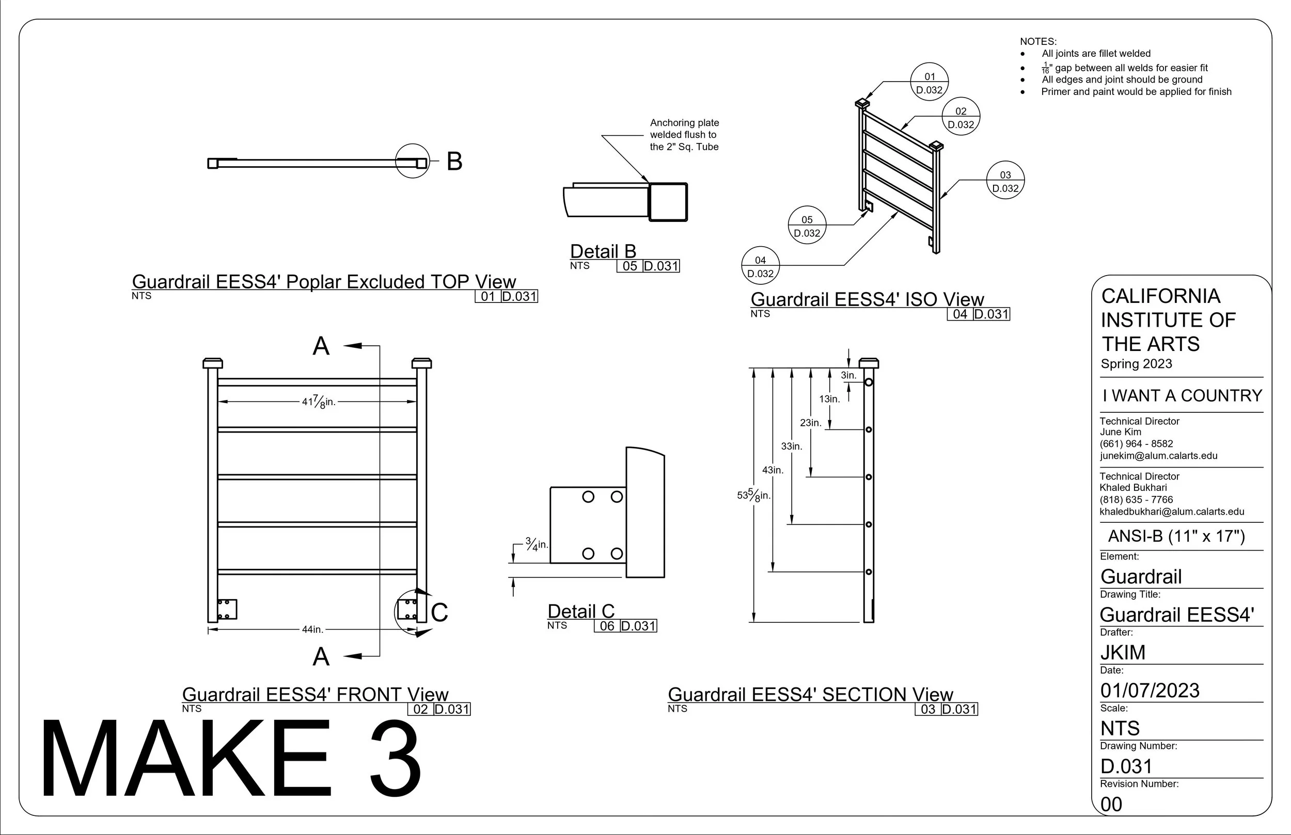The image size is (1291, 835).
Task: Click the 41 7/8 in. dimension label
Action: tap(319, 403)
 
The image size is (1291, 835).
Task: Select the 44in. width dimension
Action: tap(312, 630)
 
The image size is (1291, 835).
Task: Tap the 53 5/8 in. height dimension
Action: tap(754, 495)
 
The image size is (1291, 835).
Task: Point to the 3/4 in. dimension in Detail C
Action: tap(537, 544)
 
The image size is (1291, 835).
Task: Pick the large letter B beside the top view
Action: tap(454, 161)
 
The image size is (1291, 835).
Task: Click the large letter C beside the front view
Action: tap(439, 613)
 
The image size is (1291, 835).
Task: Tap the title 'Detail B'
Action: tap(603, 252)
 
